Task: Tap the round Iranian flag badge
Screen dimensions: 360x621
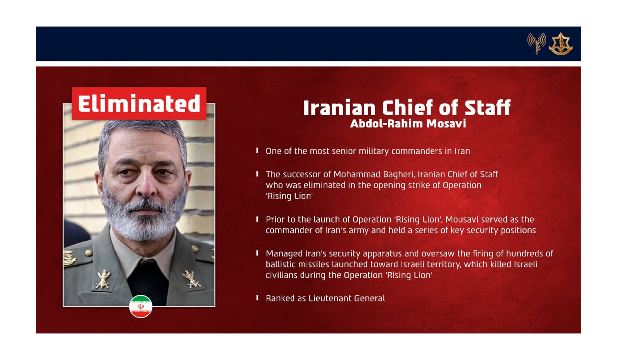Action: pyautogui.click(x=141, y=306)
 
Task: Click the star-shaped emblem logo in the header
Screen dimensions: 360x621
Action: pyautogui.click(x=561, y=44)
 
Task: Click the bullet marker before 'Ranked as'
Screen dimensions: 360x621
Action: pyautogui.click(x=257, y=298)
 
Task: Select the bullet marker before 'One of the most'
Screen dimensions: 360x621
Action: pyautogui.click(x=257, y=150)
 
